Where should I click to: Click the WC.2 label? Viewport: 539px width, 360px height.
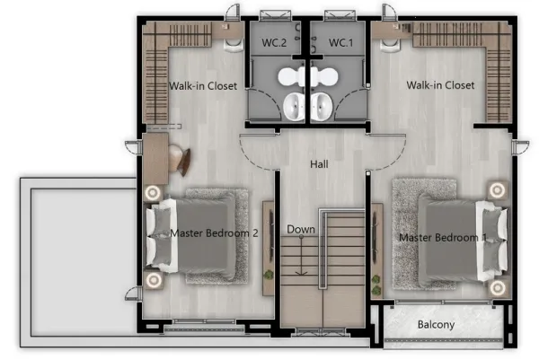pyautogui.click(x=274, y=43)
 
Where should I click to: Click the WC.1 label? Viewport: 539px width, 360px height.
pyautogui.click(x=340, y=43)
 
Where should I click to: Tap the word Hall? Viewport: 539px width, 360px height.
pyautogui.click(x=319, y=164)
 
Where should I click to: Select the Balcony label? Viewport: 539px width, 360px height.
pyautogui.click(x=436, y=325)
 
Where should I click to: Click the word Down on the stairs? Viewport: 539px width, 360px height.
pyautogui.click(x=301, y=230)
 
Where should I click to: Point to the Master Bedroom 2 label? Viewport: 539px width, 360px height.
pyautogui.click(x=214, y=233)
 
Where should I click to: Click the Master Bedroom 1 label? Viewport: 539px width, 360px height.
pyautogui.click(x=443, y=237)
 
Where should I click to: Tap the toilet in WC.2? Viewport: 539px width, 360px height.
pyautogui.click(x=291, y=76)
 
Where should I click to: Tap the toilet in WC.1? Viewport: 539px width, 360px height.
pyautogui.click(x=324, y=76)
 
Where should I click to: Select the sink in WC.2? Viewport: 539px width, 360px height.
pyautogui.click(x=295, y=107)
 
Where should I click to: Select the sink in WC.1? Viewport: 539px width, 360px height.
pyautogui.click(x=322, y=107)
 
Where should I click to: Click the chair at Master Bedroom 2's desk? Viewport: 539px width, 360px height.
pyautogui.click(x=180, y=158)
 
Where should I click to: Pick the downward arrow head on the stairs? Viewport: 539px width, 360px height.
pyautogui.click(x=302, y=273)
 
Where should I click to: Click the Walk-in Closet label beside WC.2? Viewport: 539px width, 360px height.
pyautogui.click(x=203, y=86)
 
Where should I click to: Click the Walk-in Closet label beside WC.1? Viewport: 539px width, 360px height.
pyautogui.click(x=440, y=85)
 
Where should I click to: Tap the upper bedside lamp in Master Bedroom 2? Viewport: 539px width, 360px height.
pyautogui.click(x=153, y=193)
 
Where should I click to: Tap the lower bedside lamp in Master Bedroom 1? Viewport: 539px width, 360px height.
pyautogui.click(x=498, y=288)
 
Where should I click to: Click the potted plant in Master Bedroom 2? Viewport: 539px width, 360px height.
pyautogui.click(x=268, y=275)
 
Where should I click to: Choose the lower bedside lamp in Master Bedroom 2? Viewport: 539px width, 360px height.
pyautogui.click(x=154, y=280)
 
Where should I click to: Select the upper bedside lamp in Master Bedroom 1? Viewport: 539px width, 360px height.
pyautogui.click(x=497, y=189)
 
